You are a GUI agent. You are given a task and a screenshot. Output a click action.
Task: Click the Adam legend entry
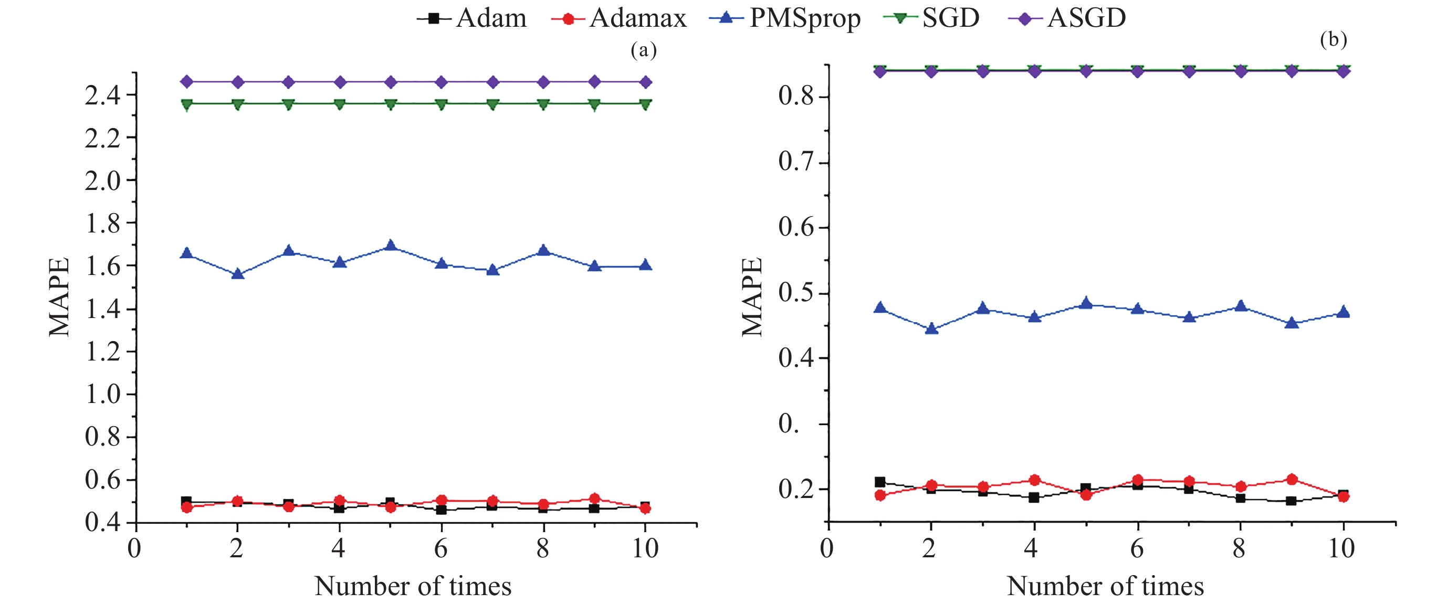pyautogui.click(x=472, y=18)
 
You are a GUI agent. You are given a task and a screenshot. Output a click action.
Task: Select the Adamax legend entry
pyautogui.click(x=618, y=18)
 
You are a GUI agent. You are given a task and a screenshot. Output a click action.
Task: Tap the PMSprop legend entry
pyautogui.click(x=785, y=18)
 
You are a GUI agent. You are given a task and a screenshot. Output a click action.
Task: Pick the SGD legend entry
pyautogui.click(x=931, y=18)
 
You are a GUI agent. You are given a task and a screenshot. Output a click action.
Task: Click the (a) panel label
pyautogui.click(x=643, y=50)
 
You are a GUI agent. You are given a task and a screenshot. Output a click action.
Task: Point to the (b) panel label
pyautogui.click(x=1334, y=39)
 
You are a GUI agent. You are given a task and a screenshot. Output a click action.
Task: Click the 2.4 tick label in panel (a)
pyautogui.click(x=103, y=96)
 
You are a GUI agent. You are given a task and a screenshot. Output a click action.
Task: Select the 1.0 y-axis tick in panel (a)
pyautogui.click(x=103, y=394)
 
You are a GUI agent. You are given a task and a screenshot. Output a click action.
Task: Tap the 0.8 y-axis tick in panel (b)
pyautogui.click(x=796, y=96)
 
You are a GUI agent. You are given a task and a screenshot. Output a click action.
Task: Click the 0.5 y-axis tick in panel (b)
pyautogui.click(x=796, y=293)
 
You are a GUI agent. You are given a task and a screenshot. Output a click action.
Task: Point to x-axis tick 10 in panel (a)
pyautogui.click(x=645, y=548)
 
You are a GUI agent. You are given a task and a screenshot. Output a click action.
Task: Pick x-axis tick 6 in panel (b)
pyautogui.click(x=1137, y=548)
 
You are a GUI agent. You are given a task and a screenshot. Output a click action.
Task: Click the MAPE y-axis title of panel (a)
pyautogui.click(x=59, y=296)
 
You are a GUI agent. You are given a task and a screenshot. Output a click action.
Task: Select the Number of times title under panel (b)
pyautogui.click(x=1105, y=586)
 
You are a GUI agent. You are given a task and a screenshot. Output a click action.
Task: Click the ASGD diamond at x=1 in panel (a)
pyautogui.click(x=186, y=82)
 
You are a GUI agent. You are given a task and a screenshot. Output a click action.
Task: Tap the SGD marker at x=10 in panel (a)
pyautogui.click(x=645, y=104)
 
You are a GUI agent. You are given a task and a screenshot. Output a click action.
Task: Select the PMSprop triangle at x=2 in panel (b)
pyautogui.click(x=931, y=329)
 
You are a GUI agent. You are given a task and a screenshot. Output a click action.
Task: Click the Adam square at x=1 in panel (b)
pyautogui.click(x=879, y=482)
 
